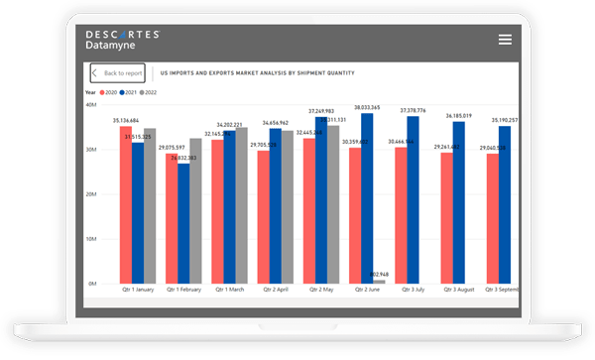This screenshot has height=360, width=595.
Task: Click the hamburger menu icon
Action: click(x=505, y=39)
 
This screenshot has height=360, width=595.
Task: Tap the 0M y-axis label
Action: click(x=90, y=284)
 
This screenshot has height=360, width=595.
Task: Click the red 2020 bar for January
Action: click(x=125, y=205)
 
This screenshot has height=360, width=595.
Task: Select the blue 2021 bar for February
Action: click(x=183, y=224)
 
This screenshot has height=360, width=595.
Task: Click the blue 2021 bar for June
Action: click(x=366, y=198)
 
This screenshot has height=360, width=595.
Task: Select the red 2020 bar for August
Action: click(x=446, y=218)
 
